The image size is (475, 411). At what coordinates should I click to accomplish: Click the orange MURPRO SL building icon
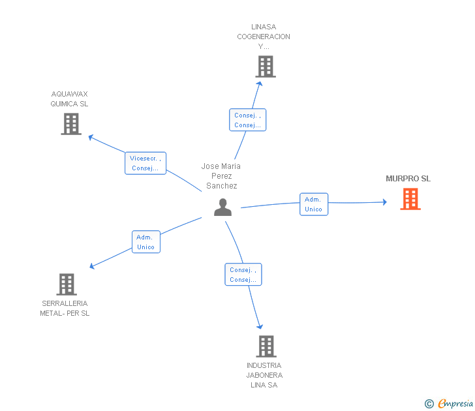click(x=410, y=199)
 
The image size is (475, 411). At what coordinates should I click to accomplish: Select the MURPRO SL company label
click(x=408, y=179)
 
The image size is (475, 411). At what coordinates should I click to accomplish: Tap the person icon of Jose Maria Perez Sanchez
click(x=222, y=207)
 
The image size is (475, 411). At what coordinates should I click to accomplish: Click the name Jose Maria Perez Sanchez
click(x=221, y=176)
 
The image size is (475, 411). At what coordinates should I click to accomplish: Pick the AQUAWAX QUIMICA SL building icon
click(x=71, y=124)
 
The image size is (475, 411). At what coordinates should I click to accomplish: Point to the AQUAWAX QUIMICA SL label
click(x=70, y=99)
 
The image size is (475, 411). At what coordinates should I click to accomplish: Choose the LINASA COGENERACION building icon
click(x=265, y=67)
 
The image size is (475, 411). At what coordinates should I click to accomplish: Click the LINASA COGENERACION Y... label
click(x=264, y=37)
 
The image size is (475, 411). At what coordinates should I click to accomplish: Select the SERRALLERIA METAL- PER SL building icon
click(x=67, y=284)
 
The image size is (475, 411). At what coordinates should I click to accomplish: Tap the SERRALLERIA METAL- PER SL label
click(x=65, y=309)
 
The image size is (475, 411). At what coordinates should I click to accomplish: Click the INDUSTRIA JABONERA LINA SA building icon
click(x=266, y=346)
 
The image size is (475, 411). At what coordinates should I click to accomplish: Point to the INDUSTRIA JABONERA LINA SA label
click(x=264, y=375)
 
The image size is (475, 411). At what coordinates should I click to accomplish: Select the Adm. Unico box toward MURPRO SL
click(x=313, y=204)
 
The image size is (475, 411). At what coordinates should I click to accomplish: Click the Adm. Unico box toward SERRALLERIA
click(x=146, y=242)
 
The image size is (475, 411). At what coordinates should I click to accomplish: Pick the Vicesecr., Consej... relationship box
click(x=146, y=163)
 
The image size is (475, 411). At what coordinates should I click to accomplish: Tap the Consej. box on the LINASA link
click(x=247, y=120)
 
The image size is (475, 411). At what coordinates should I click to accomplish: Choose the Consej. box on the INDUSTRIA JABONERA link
click(x=243, y=275)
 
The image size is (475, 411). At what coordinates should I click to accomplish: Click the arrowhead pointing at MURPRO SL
click(x=384, y=202)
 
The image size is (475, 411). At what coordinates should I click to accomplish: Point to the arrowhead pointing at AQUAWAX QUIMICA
click(x=91, y=137)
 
